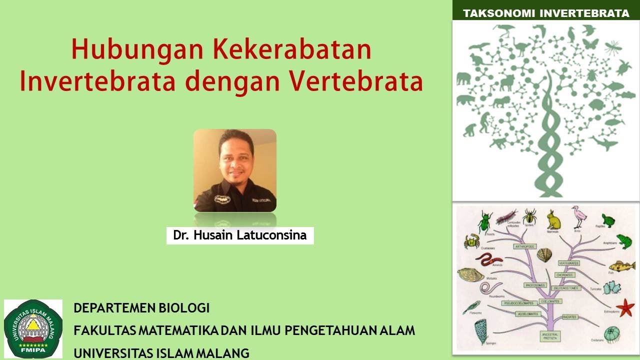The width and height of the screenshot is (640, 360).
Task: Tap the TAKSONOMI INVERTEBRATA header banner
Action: [x=546, y=13]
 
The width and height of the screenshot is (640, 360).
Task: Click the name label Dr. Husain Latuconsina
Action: [x=240, y=235]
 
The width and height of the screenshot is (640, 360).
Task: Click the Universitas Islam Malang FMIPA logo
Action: [x=33, y=328]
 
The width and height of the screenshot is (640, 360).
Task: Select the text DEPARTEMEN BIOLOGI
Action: [x=141, y=308]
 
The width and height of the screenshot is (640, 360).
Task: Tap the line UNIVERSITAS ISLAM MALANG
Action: [x=161, y=353]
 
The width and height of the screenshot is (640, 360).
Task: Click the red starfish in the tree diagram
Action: [x=624, y=306]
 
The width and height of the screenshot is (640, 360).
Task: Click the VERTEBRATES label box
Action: [x=568, y=262]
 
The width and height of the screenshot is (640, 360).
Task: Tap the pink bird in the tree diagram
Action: [x=579, y=216]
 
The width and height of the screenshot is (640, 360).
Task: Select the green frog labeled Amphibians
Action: [x=623, y=241]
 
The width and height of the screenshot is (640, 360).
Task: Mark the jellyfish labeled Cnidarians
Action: [x=612, y=333]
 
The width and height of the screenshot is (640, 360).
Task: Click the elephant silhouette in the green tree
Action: [x=463, y=79]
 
